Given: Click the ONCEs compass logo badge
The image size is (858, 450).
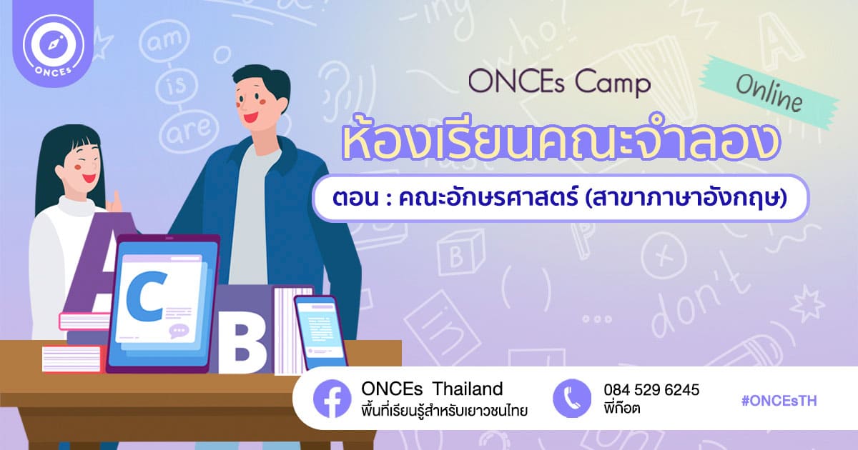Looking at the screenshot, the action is tap(53, 45).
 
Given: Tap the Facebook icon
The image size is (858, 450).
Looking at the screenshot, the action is tap(332, 399).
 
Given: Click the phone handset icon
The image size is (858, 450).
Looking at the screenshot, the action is tap(572, 399).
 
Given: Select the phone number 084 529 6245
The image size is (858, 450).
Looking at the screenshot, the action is tap(651, 390).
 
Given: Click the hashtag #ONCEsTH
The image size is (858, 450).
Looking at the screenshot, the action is tap(779, 401).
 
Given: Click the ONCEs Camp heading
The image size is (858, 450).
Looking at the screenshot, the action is tap(560, 84).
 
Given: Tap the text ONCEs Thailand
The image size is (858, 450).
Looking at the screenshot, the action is tap(432, 389).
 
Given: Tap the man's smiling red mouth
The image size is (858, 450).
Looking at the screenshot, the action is tap(251, 116).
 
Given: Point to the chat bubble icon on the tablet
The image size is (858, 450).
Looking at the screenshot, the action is tap(179, 331).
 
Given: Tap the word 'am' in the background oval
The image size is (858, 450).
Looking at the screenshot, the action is tap(164, 41).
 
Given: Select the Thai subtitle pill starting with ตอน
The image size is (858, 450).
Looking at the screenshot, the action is tap(561, 199).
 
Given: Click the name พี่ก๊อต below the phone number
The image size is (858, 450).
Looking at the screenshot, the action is tap(621, 408).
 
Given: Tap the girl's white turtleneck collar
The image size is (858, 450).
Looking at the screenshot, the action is tap(77, 207).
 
